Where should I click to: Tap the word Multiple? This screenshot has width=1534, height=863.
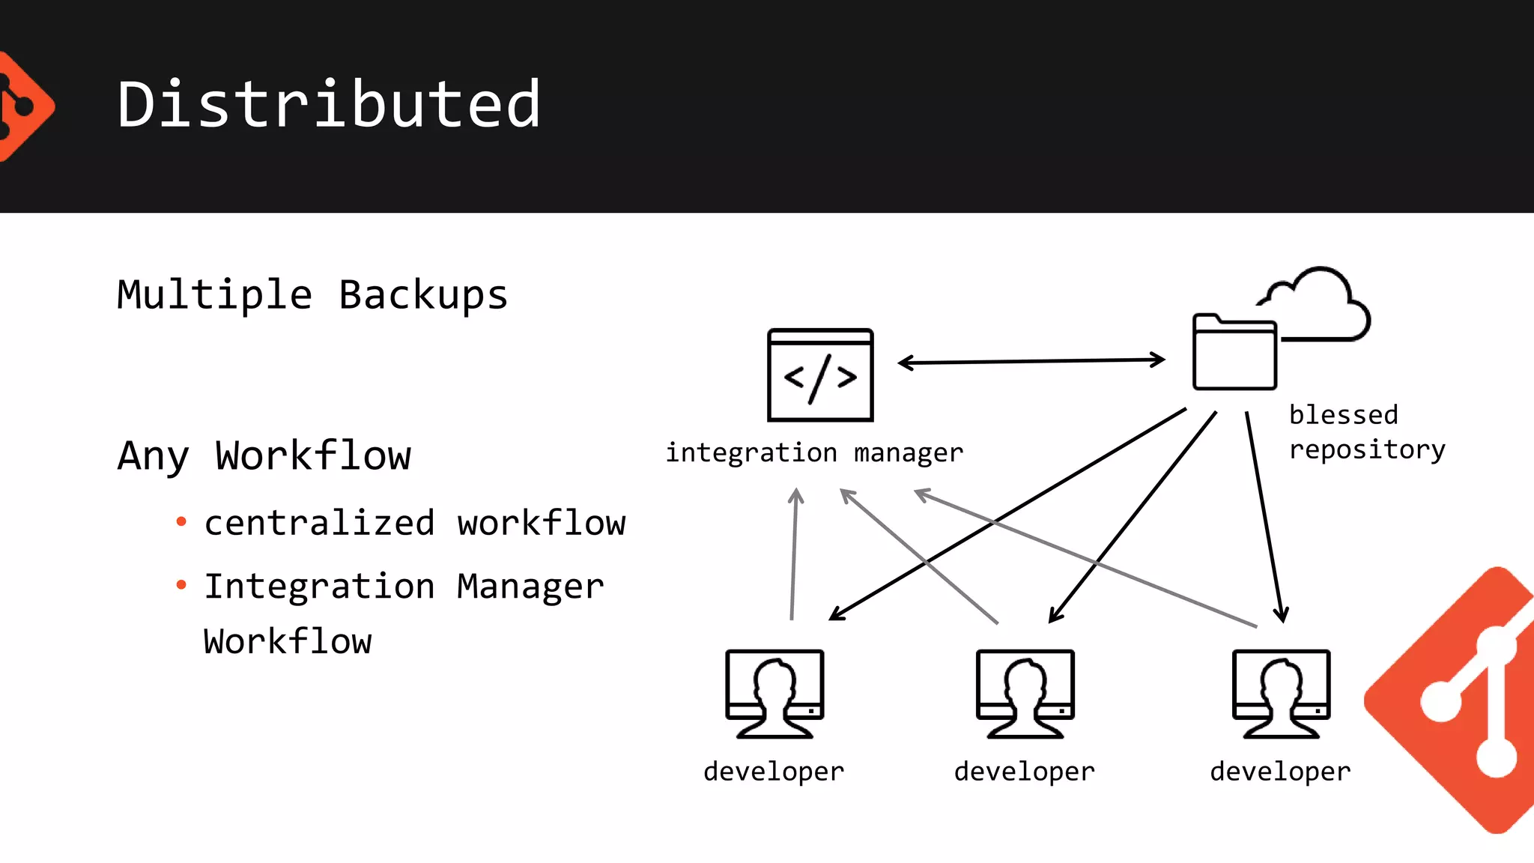(214, 294)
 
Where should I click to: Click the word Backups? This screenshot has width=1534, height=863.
(423, 294)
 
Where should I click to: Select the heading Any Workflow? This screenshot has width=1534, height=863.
(264, 455)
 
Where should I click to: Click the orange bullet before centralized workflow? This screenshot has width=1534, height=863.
(181, 521)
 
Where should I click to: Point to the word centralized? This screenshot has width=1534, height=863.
(319, 523)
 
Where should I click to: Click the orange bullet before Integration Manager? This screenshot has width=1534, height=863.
(181, 584)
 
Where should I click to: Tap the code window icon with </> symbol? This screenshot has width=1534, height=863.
(820, 375)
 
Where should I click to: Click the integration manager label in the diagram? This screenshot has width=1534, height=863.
(814, 452)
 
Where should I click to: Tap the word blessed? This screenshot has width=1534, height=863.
(1343, 414)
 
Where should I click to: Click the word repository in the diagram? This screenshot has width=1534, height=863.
(1367, 449)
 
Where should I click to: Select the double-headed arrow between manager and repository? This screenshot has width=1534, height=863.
(1031, 361)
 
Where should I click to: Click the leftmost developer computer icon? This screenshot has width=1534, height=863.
(774, 693)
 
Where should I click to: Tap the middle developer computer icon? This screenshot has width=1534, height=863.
(1025, 693)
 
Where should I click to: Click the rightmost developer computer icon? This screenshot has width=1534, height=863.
(1281, 693)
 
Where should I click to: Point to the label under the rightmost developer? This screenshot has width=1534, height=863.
(1280, 771)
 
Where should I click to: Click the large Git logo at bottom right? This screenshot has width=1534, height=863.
(1461, 700)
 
